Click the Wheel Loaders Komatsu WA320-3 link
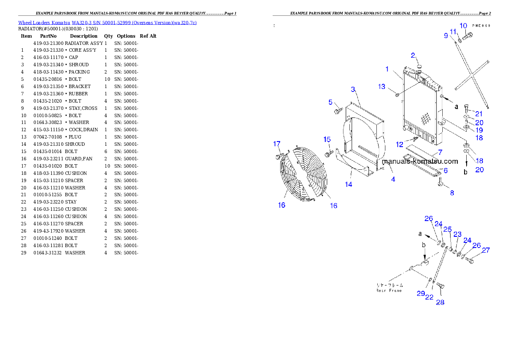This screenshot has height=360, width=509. [x=107, y=23]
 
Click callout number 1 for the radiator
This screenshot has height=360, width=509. [x=387, y=69]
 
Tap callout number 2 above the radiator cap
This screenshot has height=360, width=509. [x=413, y=55]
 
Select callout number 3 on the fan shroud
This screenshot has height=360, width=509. [x=353, y=89]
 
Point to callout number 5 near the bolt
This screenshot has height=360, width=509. [x=331, y=102]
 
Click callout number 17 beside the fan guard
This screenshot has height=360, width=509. [x=277, y=144]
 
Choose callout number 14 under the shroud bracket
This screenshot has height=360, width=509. [x=349, y=184]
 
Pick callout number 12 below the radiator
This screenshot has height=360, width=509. [x=400, y=144]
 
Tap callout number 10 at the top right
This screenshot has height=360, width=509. [x=463, y=26]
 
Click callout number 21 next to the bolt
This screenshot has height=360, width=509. [x=479, y=114]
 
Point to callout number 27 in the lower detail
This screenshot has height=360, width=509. [x=485, y=251]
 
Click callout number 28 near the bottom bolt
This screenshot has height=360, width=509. [x=440, y=302]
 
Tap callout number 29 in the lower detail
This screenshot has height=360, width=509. [x=421, y=294]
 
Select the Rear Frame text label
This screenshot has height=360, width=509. [x=389, y=288]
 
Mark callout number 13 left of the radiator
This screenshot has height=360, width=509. [x=382, y=87]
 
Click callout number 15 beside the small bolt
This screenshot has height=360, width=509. [x=327, y=139]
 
